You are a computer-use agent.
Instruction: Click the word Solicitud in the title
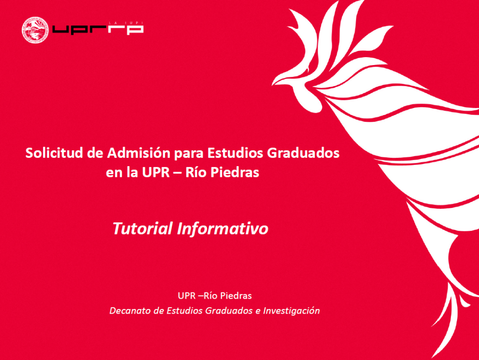(x=48, y=153)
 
